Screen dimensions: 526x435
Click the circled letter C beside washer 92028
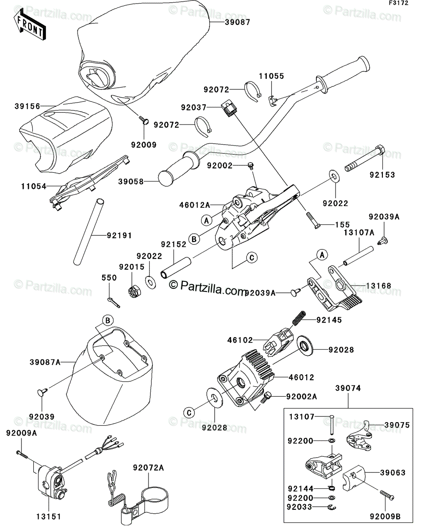click(x=189, y=412)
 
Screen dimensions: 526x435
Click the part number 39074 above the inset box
click(x=348, y=388)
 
